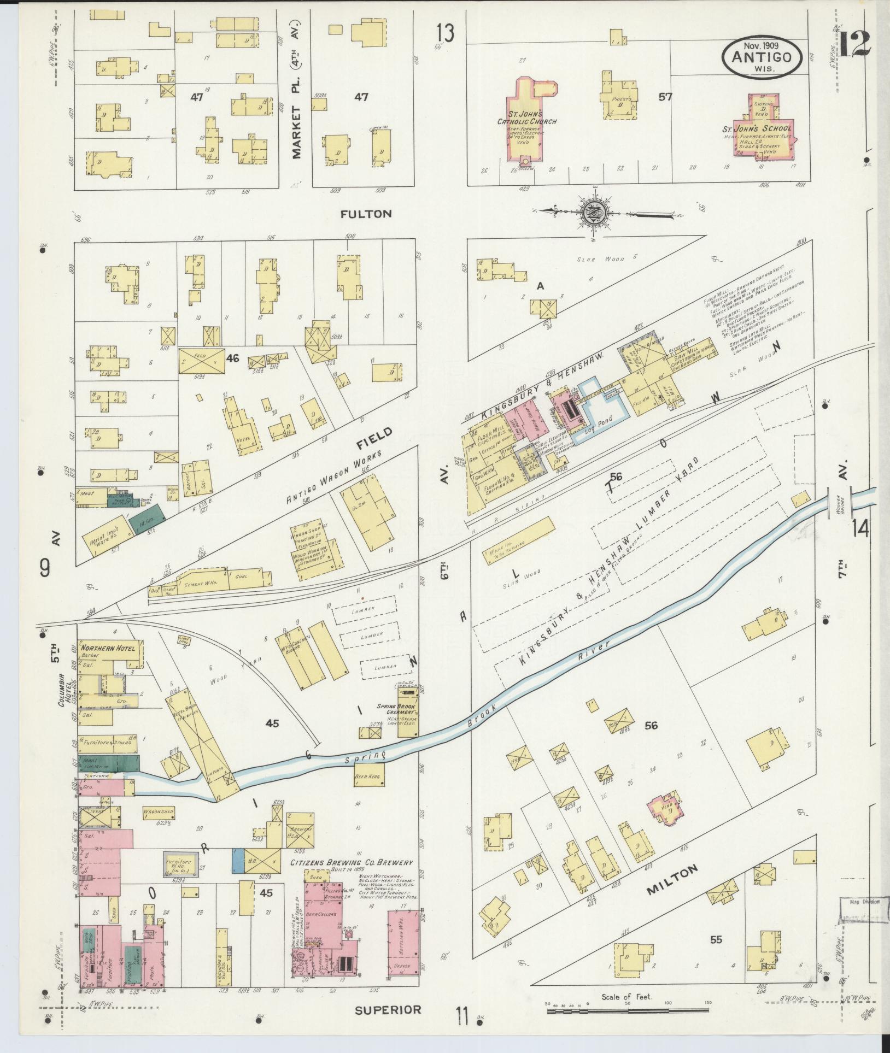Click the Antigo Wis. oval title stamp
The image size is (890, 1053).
pyautogui.click(x=763, y=57)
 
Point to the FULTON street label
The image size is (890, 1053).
pyautogui.click(x=366, y=214)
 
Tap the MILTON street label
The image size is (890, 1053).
pyautogui.click(x=673, y=879)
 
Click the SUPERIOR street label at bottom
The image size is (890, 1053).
pyautogui.click(x=388, y=1010)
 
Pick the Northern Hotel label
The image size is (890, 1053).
pyautogui.click(x=113, y=648)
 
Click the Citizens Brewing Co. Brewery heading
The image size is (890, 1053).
pyautogui.click(x=351, y=863)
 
